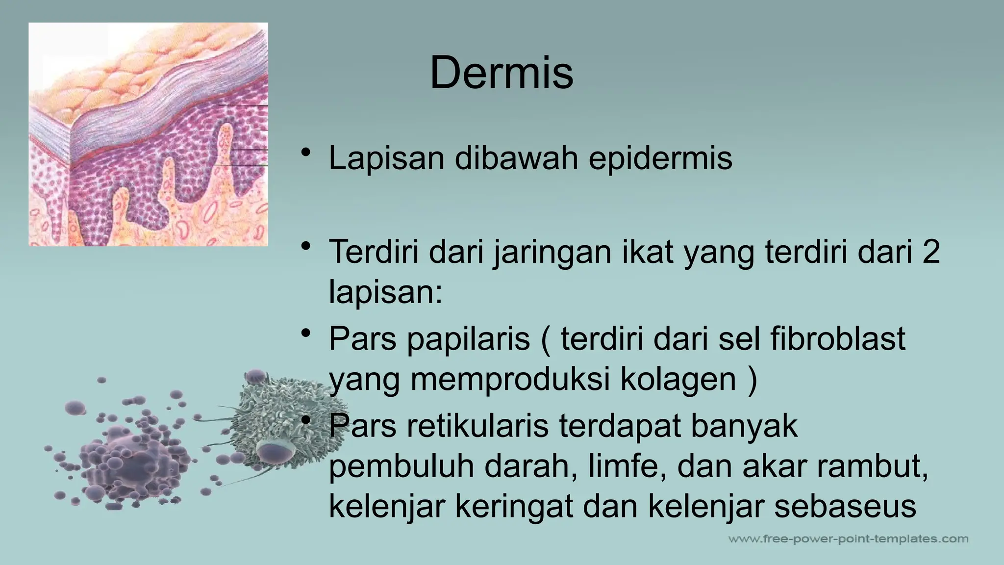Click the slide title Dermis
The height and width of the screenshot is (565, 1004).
501,73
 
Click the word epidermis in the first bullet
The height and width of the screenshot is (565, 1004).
660,158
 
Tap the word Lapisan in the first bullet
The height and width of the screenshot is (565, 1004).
386,158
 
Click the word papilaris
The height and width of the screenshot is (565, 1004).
469,338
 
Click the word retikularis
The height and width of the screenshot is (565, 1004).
477,425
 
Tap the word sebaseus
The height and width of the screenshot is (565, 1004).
845,506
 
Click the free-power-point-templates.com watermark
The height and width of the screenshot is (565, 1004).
848,539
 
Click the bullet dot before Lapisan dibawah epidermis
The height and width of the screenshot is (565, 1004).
306,152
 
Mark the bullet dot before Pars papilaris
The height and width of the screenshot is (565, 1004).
306,334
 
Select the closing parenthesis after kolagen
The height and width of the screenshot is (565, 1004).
753,380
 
